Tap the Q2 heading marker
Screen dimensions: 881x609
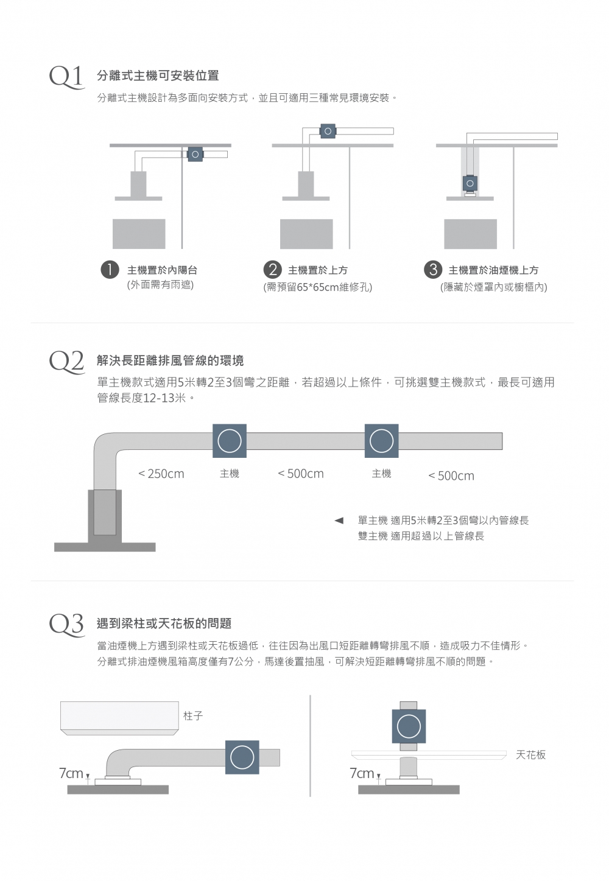[66, 361]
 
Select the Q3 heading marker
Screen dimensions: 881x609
[66, 623]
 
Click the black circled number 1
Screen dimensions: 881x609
[110, 270]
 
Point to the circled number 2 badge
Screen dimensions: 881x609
[272, 270]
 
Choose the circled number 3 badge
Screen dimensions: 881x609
[432, 270]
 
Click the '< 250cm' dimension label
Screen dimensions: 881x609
[161, 474]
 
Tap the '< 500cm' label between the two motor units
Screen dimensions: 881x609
[301, 474]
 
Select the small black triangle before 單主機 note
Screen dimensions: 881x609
[339, 521]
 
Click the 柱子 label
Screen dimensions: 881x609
[193, 716]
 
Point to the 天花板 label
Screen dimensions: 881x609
[530, 755]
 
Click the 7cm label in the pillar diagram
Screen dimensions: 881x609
[71, 773]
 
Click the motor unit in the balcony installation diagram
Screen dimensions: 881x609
[195, 155]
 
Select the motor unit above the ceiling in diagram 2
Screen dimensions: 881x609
[328, 131]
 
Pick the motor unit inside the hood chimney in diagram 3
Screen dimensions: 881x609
[470, 183]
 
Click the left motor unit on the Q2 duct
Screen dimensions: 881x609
[230, 441]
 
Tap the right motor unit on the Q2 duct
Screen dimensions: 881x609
[382, 441]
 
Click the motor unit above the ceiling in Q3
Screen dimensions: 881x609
[409, 726]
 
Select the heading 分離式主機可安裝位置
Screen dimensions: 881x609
[158, 75]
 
